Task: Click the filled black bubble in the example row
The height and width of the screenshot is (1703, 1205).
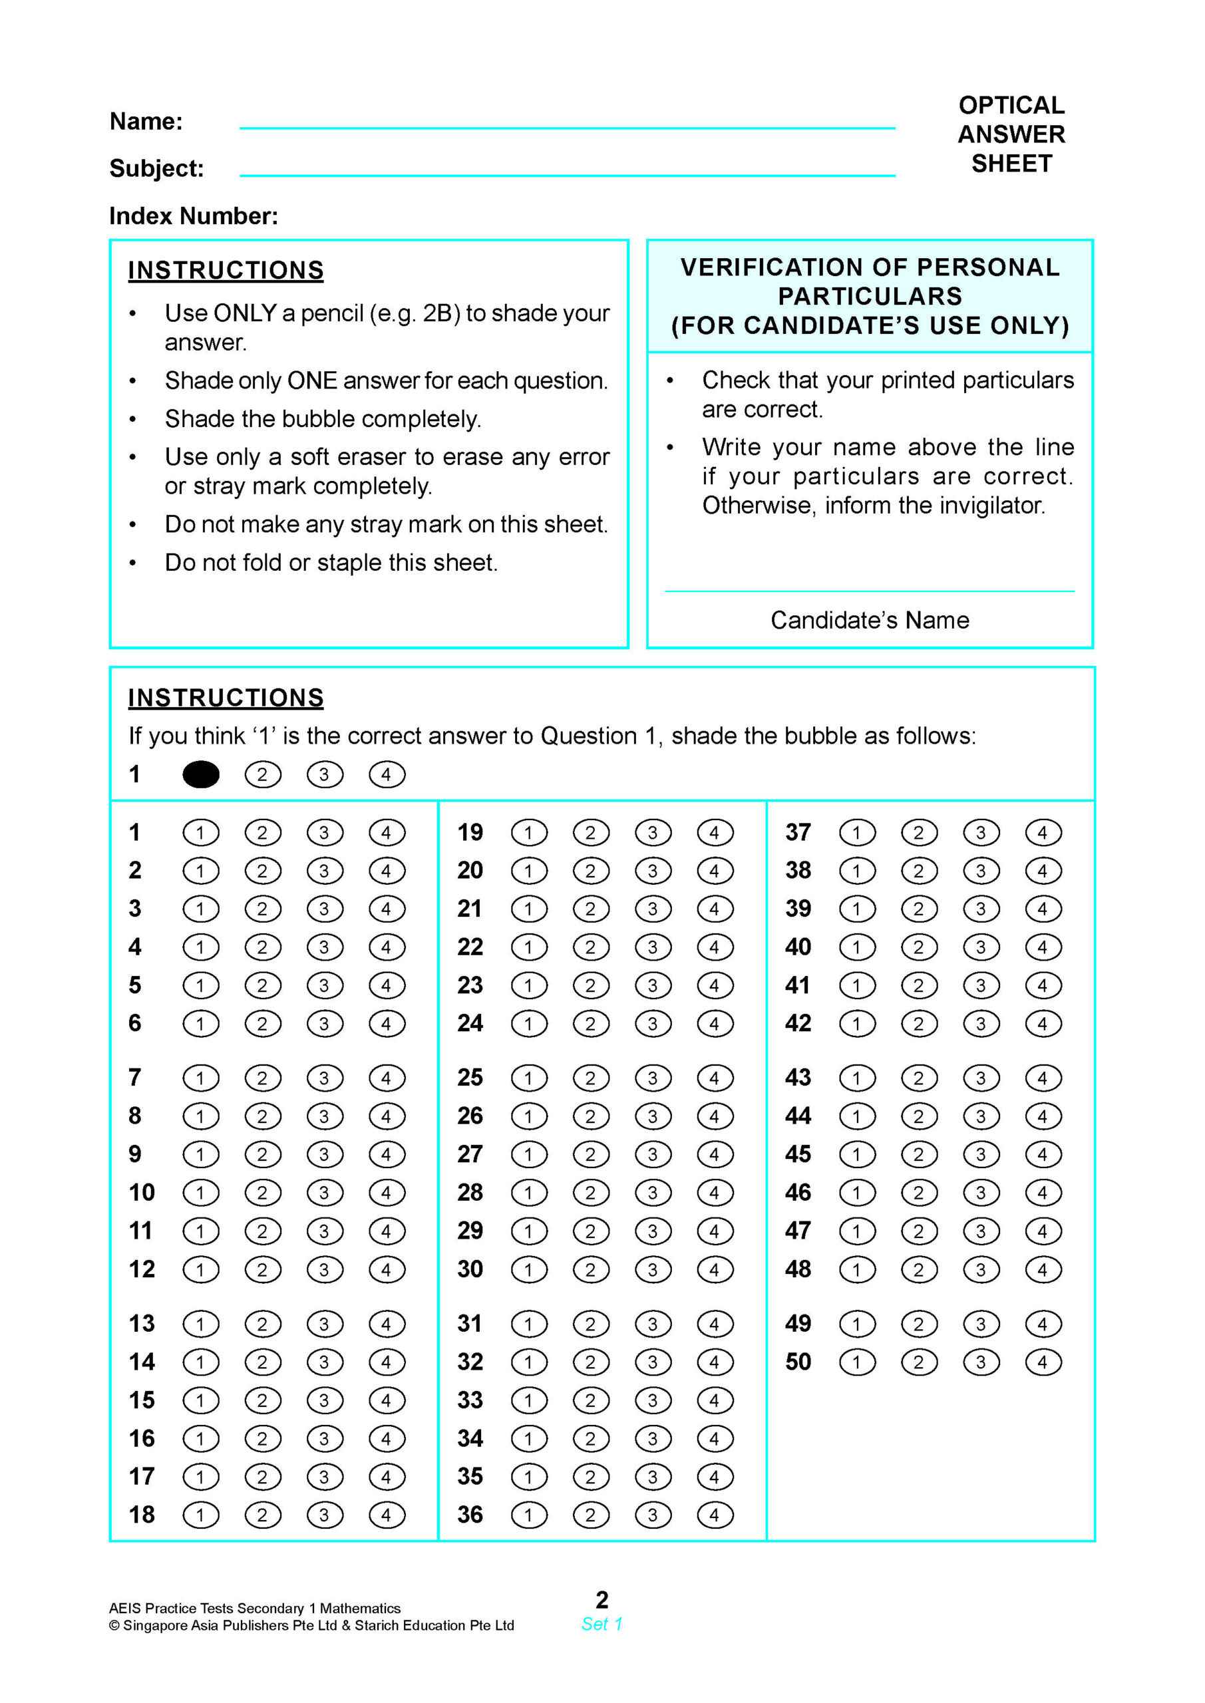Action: tap(200, 774)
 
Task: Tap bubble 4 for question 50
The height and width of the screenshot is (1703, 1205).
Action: tap(1043, 1362)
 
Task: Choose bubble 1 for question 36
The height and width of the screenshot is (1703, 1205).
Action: tap(529, 1515)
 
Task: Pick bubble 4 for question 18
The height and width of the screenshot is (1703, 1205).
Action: tap(387, 1515)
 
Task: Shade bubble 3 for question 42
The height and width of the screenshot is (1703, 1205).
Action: tap(981, 1024)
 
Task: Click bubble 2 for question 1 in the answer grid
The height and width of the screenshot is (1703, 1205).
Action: tap(263, 832)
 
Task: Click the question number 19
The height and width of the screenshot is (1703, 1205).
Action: tap(470, 832)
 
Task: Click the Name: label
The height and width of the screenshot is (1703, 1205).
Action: tap(146, 121)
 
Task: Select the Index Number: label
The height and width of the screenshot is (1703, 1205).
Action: tap(194, 216)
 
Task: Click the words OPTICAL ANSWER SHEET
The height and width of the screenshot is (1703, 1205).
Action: tap(1011, 134)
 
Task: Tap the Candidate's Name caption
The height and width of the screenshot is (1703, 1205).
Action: tap(870, 620)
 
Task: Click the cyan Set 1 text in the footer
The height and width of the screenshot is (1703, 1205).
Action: tap(602, 1624)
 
